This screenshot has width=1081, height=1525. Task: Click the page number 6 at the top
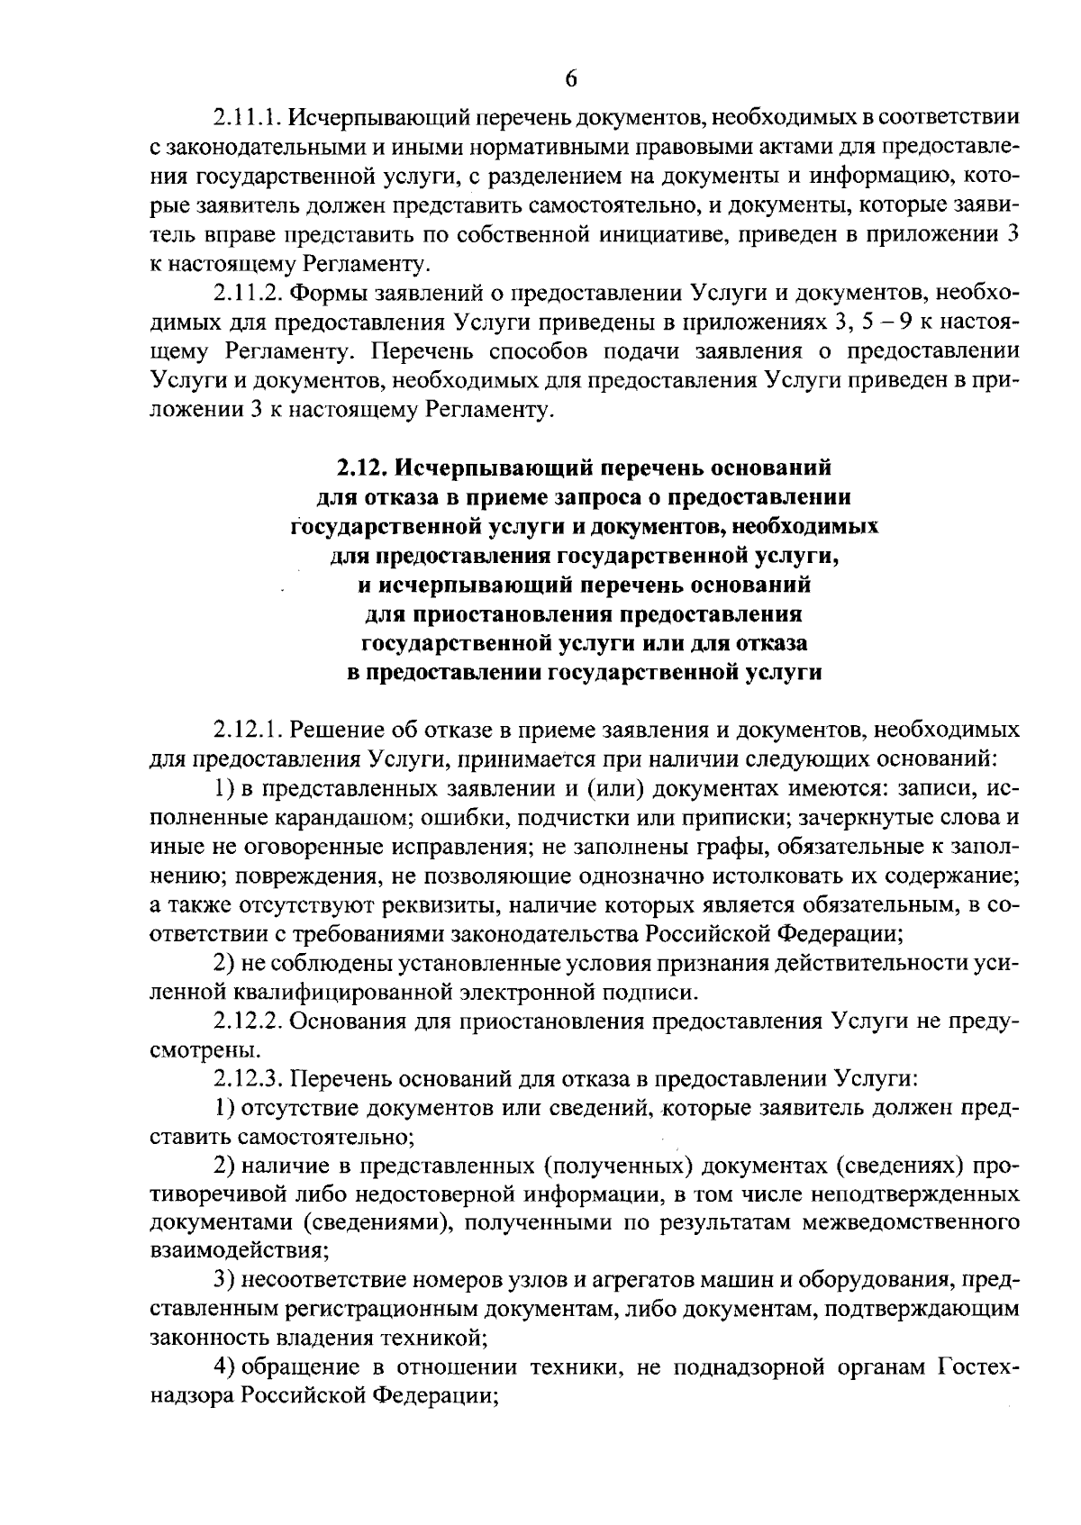pos(570,79)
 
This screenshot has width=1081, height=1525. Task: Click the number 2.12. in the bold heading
pos(366,467)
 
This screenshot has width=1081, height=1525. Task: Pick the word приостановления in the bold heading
pos(513,614)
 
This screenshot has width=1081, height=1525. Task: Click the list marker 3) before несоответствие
pos(225,1280)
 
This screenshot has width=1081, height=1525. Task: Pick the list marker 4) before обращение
pos(225,1368)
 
